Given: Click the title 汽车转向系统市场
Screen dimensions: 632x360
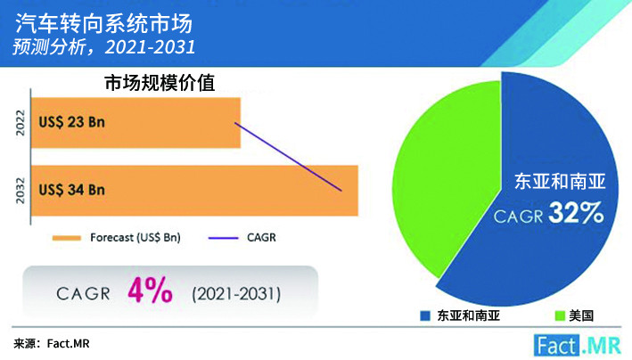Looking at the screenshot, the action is [x=104, y=23].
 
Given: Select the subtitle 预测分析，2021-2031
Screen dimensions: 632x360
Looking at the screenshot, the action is [x=104, y=46].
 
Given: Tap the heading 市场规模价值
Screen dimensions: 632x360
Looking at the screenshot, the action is [x=160, y=83].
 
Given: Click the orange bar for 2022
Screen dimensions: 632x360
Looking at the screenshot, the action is [x=135, y=123].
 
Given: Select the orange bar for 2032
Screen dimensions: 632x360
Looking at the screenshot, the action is [x=194, y=191].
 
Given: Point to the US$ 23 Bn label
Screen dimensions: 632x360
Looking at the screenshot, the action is [x=71, y=122].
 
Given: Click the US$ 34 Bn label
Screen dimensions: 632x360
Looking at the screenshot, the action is [x=71, y=190].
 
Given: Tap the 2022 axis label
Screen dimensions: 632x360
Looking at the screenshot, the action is [x=21, y=123].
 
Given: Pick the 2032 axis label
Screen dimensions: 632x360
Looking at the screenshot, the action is [x=21, y=191].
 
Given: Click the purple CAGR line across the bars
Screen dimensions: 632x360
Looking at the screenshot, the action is [x=288, y=157].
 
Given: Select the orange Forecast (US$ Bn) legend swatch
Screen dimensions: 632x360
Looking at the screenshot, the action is [x=67, y=238].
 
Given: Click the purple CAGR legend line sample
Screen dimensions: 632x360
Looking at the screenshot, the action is [x=223, y=238].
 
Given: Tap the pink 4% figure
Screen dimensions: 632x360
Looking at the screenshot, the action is [x=150, y=290].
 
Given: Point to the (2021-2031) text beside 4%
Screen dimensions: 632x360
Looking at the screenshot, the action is [x=236, y=294].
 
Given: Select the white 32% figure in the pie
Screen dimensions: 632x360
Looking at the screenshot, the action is [x=576, y=212].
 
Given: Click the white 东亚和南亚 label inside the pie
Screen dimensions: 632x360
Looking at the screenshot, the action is [x=560, y=182].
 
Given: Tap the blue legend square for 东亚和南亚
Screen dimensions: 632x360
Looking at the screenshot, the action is [x=425, y=315].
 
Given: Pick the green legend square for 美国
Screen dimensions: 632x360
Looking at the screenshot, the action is [x=560, y=315].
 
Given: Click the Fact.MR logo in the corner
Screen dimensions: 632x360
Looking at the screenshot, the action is [x=578, y=346].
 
